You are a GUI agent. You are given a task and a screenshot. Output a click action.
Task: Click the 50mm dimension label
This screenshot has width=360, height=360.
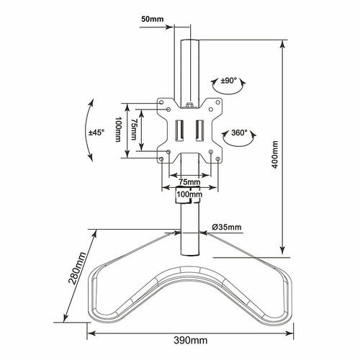153,19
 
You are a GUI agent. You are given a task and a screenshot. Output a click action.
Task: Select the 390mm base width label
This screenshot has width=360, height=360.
191,340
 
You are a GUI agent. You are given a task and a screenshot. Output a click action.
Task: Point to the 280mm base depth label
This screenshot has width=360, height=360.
77,268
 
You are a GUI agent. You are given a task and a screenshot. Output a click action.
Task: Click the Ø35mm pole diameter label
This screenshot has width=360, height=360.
227,227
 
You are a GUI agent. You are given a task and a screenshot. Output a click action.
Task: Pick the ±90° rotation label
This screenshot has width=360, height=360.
228,81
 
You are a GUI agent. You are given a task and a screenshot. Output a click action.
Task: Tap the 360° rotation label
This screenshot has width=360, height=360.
239,132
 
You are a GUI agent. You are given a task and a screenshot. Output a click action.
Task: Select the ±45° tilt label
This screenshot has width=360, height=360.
96,132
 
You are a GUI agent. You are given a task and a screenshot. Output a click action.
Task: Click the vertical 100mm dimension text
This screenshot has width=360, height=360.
118,130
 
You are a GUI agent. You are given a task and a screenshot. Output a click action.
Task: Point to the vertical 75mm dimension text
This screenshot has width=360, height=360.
134,130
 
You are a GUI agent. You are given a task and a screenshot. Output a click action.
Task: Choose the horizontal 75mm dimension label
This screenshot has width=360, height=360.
189,182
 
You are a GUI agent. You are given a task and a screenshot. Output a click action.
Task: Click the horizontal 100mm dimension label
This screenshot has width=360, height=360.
189,194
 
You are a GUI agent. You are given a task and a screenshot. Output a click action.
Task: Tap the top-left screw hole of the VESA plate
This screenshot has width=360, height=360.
161,102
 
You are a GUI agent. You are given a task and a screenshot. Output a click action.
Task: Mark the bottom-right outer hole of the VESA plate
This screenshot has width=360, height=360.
218,159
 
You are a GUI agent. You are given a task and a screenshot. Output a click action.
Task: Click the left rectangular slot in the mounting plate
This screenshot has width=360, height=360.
179,130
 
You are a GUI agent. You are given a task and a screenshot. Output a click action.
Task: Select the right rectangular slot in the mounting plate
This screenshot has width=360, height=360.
199,130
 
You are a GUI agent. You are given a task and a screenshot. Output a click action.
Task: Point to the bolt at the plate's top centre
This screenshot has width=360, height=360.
189,105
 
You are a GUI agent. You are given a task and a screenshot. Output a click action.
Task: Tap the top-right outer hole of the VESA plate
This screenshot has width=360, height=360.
218,102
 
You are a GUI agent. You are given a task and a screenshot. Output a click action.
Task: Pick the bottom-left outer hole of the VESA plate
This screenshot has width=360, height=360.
161,159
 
